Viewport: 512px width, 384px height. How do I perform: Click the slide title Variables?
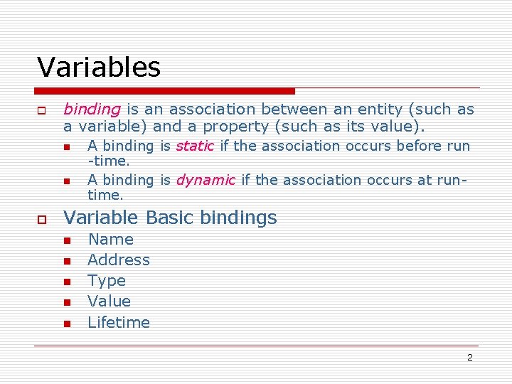(99, 68)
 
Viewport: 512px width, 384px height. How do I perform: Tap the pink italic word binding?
(92, 110)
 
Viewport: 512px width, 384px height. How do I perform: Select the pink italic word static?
(194, 146)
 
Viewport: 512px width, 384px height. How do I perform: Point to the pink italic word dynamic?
(205, 180)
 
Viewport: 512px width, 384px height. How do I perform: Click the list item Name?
(110, 240)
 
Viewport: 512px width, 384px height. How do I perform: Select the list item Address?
(119, 260)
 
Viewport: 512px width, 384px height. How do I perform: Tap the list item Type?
(107, 281)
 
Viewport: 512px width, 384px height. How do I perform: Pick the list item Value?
(109, 302)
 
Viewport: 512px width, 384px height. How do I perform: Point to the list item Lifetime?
(119, 322)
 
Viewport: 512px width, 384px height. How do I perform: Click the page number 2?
(469, 358)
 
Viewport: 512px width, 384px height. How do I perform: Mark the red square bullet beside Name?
(66, 241)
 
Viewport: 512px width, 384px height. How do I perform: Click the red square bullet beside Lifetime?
(66, 324)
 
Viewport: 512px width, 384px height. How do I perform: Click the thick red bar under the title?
(166, 91)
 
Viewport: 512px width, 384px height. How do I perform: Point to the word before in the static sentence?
(417, 146)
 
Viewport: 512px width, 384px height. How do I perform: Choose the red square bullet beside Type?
(66, 282)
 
